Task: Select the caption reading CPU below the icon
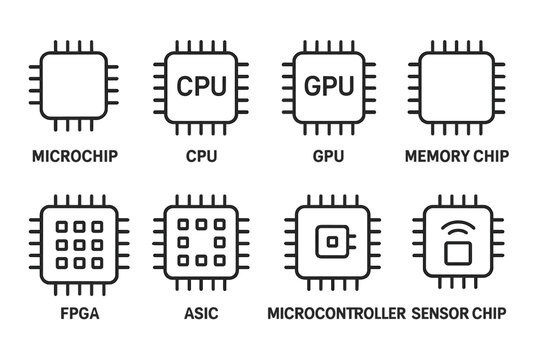[201, 156]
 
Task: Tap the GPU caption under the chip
[331, 156]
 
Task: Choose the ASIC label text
[201, 312]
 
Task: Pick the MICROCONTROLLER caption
[337, 312]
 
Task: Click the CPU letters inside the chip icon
[201, 86]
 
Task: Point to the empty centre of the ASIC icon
[201, 243]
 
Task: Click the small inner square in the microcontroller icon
[330, 243]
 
